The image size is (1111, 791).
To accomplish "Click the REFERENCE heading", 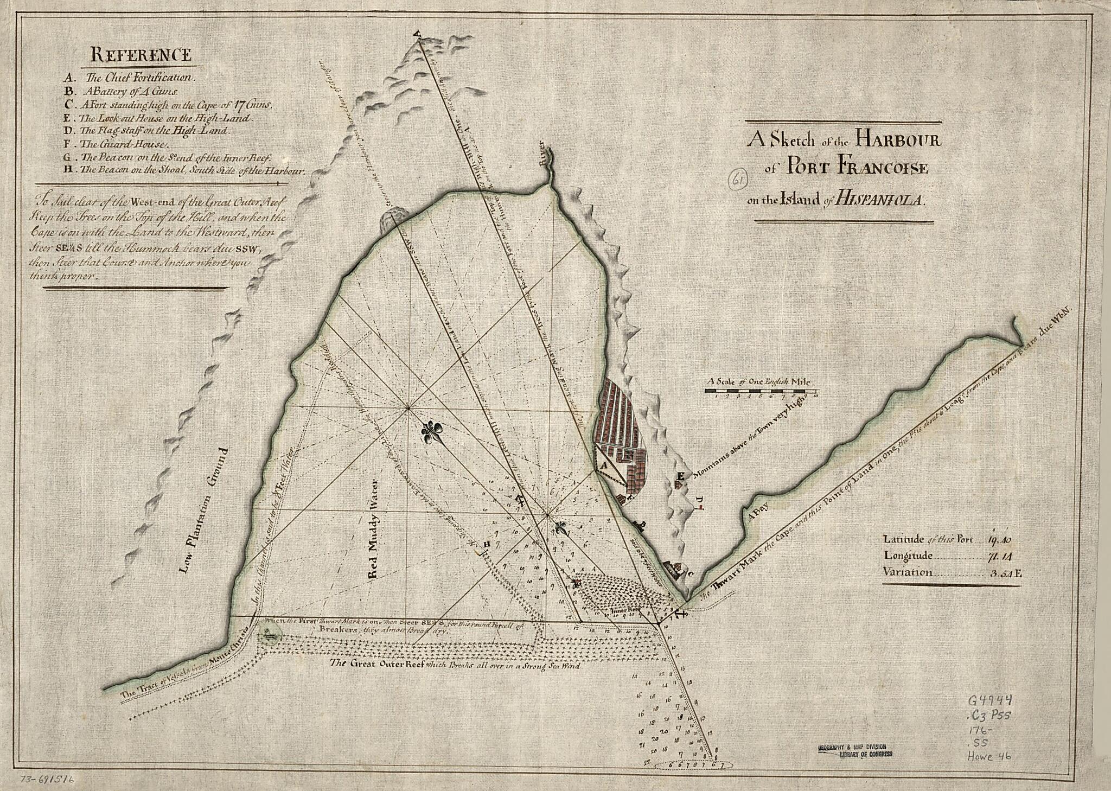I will click(141, 55).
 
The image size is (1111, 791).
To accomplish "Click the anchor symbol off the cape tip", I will click(681, 613).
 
